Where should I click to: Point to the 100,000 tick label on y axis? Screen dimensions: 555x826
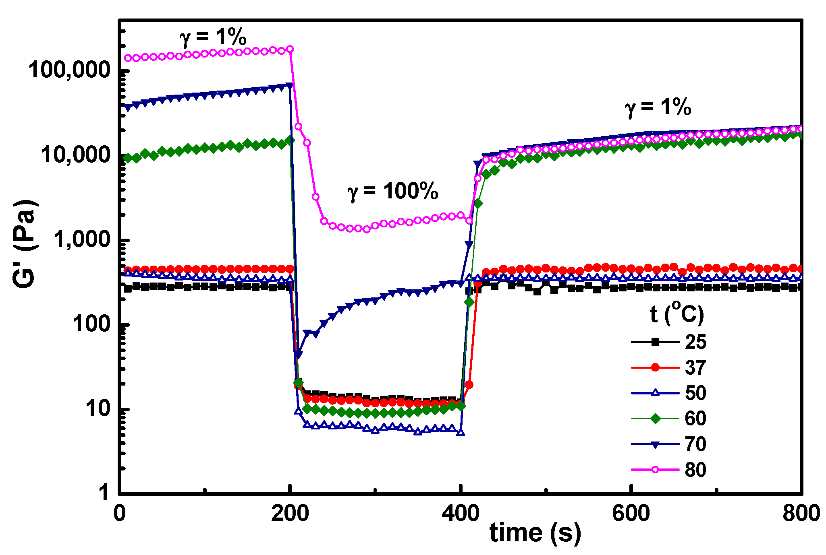(69, 70)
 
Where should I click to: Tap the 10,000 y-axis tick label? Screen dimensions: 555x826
(75, 155)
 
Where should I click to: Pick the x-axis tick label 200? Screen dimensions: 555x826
(290, 514)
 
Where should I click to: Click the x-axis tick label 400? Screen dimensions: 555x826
(460, 514)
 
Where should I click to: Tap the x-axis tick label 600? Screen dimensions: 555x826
(631, 514)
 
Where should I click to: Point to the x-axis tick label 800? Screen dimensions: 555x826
(801, 514)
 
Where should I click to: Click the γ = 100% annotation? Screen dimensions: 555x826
(392, 192)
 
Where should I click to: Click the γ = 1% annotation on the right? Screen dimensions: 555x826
(658, 108)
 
